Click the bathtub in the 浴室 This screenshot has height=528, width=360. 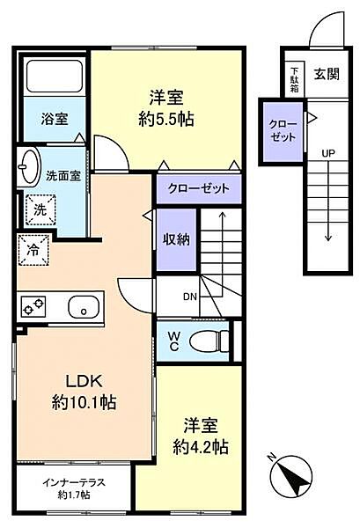(x=55, y=76)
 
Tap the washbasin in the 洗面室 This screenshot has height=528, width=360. (x=29, y=166)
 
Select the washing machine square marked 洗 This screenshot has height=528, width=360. (x=40, y=210)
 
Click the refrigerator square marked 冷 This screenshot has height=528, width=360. (x=33, y=250)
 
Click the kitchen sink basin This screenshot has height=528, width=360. (x=84, y=307)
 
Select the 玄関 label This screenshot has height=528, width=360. (x=327, y=74)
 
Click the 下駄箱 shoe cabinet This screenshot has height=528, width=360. (x=295, y=79)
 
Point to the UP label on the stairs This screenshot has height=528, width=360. (x=328, y=153)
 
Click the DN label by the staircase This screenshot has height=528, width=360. (x=190, y=297)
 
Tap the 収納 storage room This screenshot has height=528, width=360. (x=176, y=239)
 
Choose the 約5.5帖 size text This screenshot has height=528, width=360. (x=166, y=119)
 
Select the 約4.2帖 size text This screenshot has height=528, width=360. (x=201, y=448)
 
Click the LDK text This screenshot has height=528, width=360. (x=84, y=382)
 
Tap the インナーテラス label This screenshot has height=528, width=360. (x=74, y=482)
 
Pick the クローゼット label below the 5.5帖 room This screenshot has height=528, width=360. (x=199, y=188)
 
